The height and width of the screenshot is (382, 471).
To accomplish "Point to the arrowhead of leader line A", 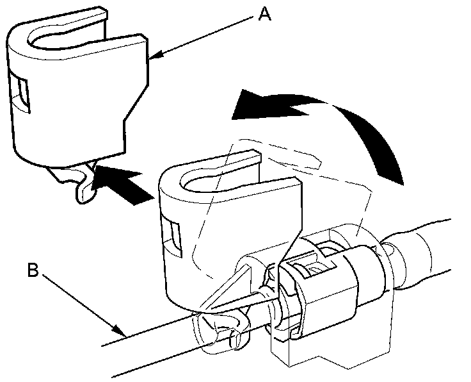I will coord(152,60).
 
